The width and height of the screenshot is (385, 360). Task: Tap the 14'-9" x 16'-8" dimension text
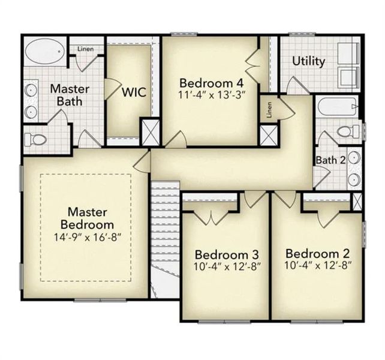coord(87,236)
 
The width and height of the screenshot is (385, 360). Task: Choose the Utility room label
coord(309,61)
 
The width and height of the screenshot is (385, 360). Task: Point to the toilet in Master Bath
coord(37,139)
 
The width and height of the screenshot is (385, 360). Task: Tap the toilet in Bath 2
coord(347,131)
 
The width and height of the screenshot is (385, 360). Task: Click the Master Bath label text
coord(70,95)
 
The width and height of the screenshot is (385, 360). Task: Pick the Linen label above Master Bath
coord(85,48)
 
